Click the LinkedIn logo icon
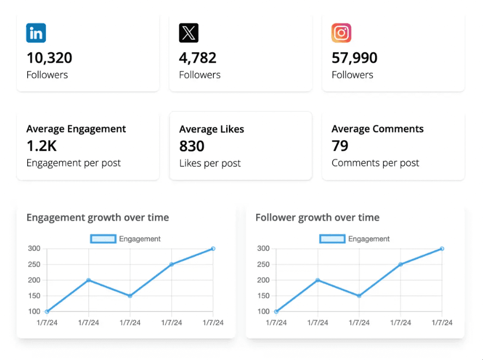click(36, 33)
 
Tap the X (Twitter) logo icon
click(189, 33)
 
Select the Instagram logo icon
click(341, 33)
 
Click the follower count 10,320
click(49, 58)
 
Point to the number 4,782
click(198, 58)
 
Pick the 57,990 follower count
click(354, 58)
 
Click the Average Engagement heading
click(76, 129)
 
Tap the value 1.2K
click(41, 146)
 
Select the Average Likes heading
click(212, 129)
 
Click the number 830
click(192, 146)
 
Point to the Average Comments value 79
click(340, 146)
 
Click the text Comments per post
click(375, 163)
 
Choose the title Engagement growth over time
click(98, 218)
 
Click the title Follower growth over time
click(317, 218)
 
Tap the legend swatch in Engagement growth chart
click(103, 239)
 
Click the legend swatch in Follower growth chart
click(332, 239)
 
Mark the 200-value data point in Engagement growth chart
click(88, 280)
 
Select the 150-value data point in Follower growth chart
click(359, 296)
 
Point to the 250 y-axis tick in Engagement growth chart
click(34, 265)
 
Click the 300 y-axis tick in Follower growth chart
click(263, 249)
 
